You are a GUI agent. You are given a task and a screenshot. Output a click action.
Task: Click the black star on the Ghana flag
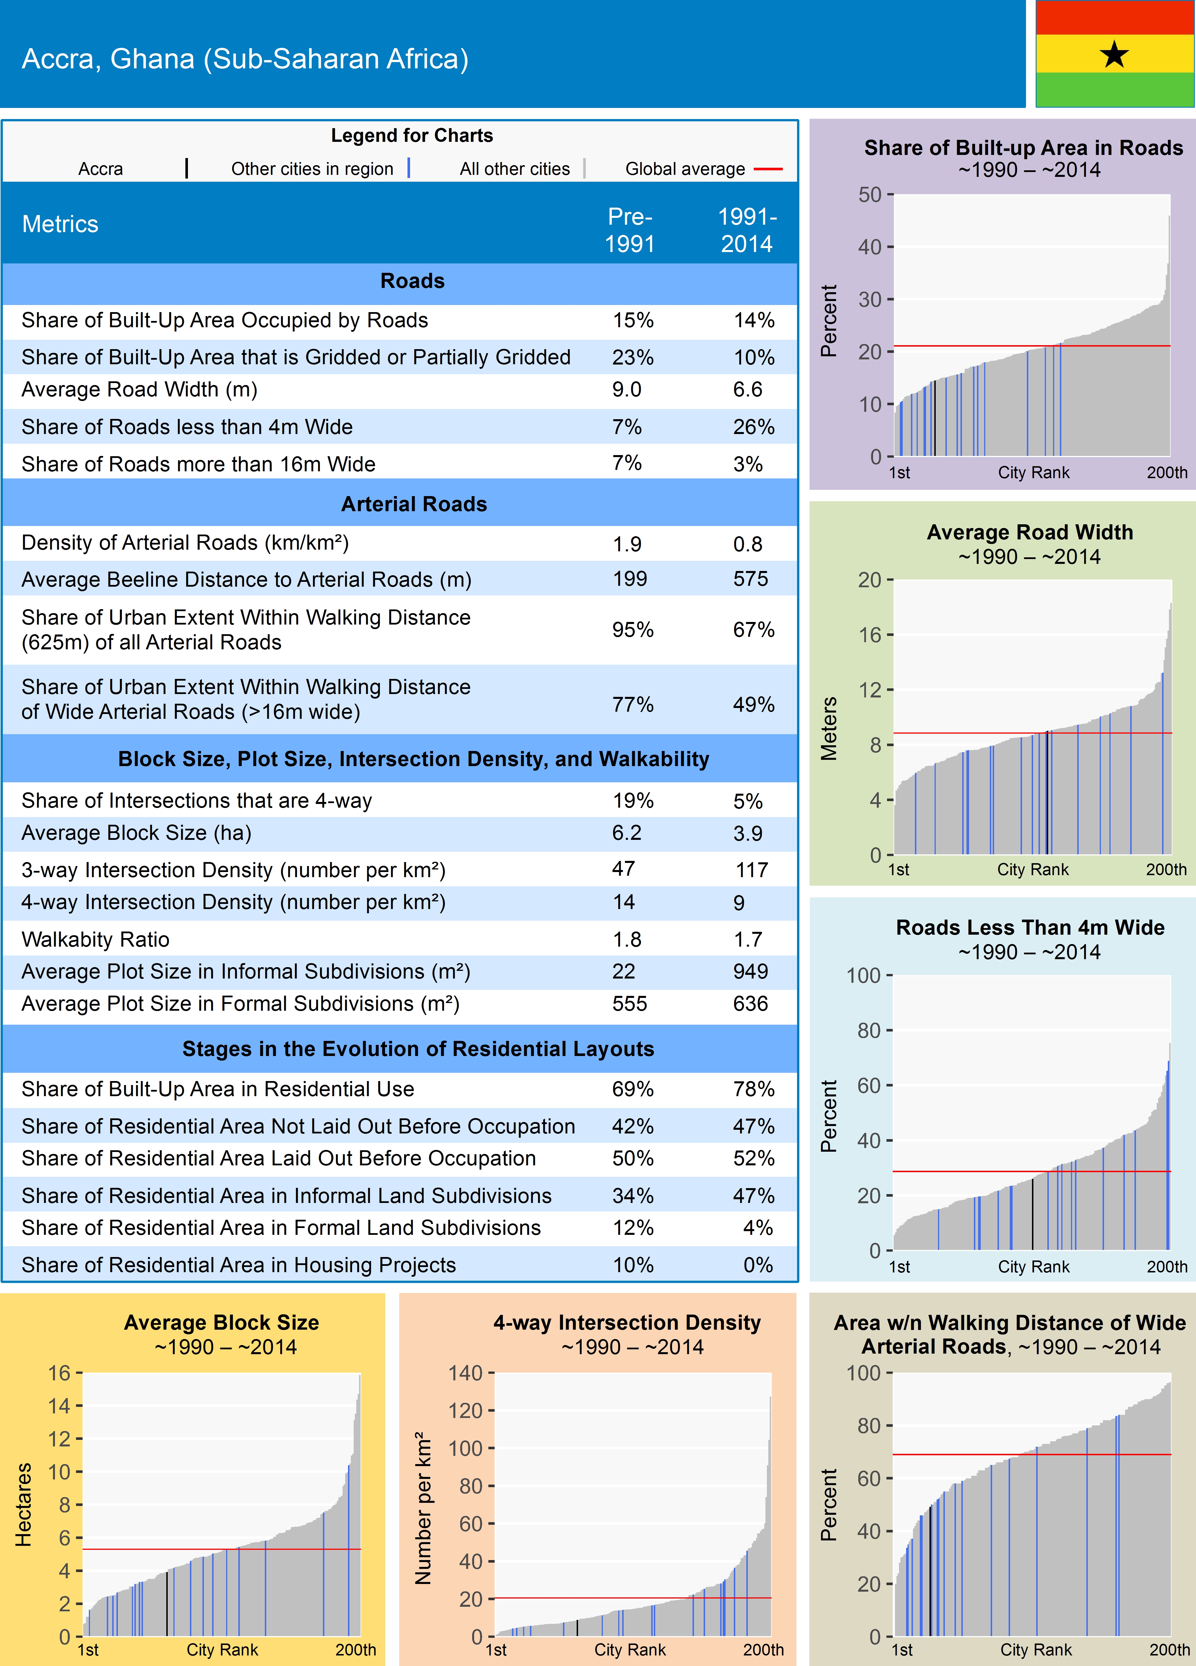1115,54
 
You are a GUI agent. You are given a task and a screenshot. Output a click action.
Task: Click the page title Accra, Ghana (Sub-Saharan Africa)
245,59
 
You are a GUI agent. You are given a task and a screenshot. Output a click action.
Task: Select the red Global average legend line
768,169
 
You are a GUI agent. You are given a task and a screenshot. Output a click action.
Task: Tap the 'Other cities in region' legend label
312,169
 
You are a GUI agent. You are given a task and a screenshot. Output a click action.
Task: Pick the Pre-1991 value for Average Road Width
627,389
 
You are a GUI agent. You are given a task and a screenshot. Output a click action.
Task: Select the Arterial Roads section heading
413,504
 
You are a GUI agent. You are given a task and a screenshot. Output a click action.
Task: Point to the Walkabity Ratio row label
95,940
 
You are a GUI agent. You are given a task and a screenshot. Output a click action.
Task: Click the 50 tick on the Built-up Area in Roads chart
870,195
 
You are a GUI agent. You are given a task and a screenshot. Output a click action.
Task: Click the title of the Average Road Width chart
1029,533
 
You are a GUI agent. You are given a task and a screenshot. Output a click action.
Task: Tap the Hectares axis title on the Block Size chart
24,1505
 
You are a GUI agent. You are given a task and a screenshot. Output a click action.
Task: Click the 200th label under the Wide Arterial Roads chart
1169,1650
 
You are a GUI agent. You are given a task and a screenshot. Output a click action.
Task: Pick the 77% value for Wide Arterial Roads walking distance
632,705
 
